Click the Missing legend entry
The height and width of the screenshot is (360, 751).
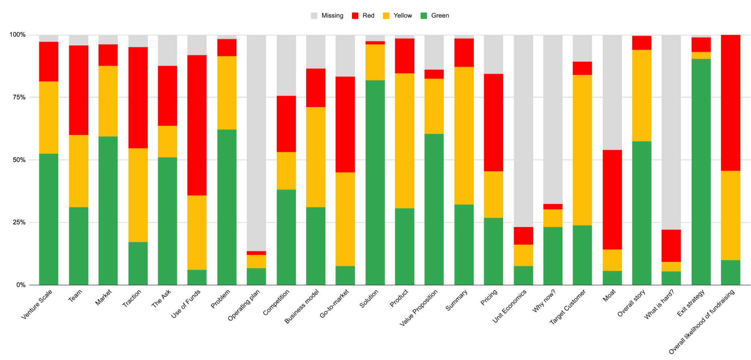pos(327,15)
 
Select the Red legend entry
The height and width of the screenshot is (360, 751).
pos(363,15)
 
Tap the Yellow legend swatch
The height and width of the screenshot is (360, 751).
pos(386,15)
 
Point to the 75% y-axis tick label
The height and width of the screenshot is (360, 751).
pos(18,97)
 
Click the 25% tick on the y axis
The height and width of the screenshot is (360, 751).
pos(18,222)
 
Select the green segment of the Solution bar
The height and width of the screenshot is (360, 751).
pos(375,182)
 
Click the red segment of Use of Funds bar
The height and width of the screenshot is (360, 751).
pos(197,125)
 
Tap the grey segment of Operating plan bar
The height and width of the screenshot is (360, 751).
pos(256,143)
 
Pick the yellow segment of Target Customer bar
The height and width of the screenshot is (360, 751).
pos(582,150)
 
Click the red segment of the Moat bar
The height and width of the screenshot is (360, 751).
pos(612,199)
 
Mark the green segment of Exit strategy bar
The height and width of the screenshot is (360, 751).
pos(701,172)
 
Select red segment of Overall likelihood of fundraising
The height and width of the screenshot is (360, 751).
pos(731,103)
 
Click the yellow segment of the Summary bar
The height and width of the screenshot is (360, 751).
pos(464,136)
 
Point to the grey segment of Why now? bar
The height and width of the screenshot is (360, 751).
pos(553,119)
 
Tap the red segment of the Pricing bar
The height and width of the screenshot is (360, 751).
pos(493,123)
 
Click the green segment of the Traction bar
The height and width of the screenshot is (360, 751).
pos(138,263)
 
